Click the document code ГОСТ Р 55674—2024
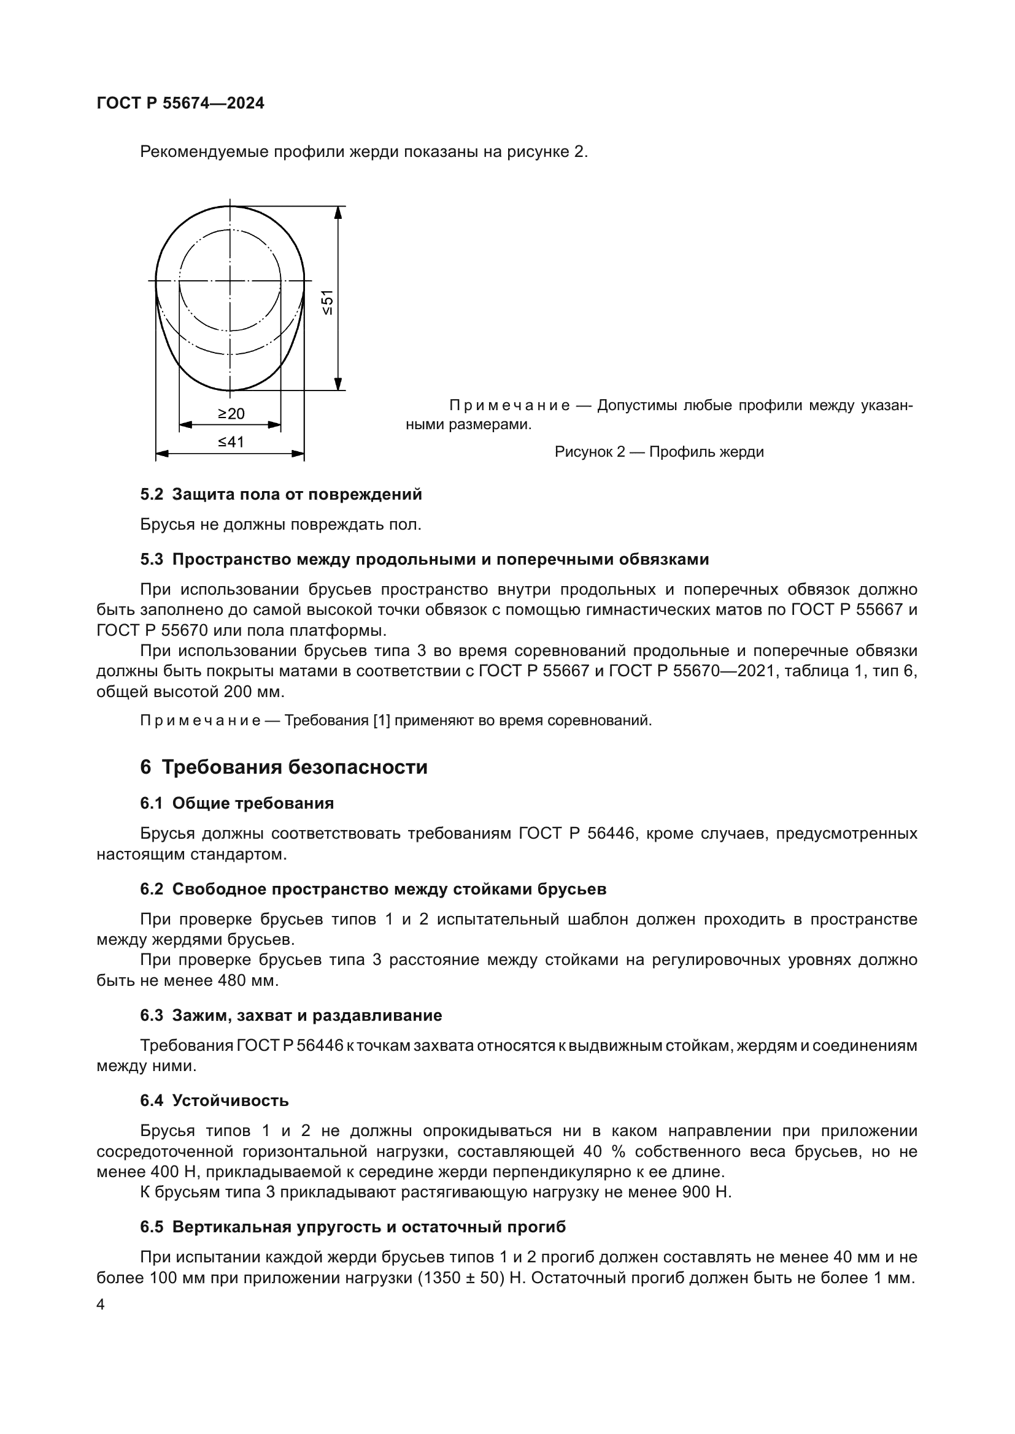(180, 103)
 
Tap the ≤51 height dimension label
(328, 302)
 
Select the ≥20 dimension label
(231, 413)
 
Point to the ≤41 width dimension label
(231, 442)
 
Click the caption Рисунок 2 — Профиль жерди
(658, 452)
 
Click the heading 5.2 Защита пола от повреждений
(280, 495)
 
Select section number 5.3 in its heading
(151, 559)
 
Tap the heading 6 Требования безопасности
(284, 767)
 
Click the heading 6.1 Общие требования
(237, 803)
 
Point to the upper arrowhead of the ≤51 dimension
(338, 212)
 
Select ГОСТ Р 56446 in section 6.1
(577, 834)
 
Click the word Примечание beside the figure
(509, 406)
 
